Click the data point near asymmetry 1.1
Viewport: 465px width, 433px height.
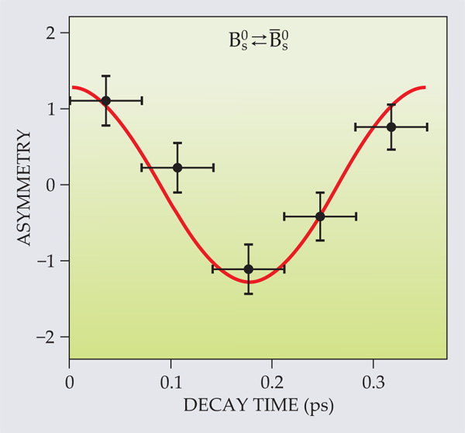coord(105,100)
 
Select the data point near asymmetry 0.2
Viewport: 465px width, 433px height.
coord(177,167)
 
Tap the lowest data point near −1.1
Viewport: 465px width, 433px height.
coord(249,268)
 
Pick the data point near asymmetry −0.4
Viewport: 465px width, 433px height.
coord(320,216)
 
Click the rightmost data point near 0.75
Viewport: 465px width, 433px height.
coord(391,126)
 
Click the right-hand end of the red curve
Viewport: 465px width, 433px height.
coord(425,87)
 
